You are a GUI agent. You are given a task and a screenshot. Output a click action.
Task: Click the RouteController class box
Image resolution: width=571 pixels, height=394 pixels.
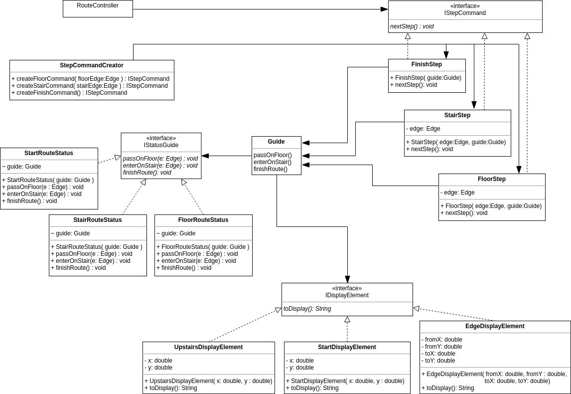(x=98, y=8)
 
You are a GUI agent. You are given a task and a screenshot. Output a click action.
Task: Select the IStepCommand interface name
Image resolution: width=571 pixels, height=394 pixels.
(x=465, y=13)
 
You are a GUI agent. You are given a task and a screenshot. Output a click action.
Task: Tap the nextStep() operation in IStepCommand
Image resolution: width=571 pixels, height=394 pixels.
(x=412, y=26)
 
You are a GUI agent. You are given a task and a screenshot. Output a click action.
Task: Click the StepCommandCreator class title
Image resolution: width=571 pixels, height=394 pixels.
(x=92, y=65)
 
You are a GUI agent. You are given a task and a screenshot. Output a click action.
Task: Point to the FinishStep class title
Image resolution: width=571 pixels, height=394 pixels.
(x=427, y=64)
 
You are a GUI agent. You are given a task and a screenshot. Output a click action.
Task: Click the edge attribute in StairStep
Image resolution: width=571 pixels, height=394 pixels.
(x=424, y=129)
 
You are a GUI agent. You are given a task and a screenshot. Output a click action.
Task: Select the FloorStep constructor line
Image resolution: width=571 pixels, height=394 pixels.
(x=491, y=206)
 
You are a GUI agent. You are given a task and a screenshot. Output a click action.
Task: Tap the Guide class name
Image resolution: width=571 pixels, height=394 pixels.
(x=276, y=142)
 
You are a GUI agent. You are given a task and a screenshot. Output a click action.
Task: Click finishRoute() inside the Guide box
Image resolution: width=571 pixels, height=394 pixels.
(x=271, y=169)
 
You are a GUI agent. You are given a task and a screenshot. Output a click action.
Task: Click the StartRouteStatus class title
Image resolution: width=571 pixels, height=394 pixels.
(x=49, y=153)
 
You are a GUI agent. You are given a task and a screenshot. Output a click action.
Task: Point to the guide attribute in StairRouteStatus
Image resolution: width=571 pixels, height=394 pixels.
(x=70, y=233)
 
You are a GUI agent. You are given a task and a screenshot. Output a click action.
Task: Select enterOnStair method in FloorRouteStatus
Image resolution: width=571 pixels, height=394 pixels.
(x=196, y=261)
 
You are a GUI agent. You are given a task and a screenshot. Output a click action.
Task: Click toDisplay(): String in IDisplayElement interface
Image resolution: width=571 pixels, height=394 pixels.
(x=307, y=309)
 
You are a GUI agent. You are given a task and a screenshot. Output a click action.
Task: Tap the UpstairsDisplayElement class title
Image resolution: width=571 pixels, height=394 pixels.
(x=208, y=347)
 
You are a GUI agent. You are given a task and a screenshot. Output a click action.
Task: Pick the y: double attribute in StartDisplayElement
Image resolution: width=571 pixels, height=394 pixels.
(x=300, y=368)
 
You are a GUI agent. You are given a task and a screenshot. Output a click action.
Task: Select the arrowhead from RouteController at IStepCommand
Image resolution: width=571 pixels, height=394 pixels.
(x=385, y=9)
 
